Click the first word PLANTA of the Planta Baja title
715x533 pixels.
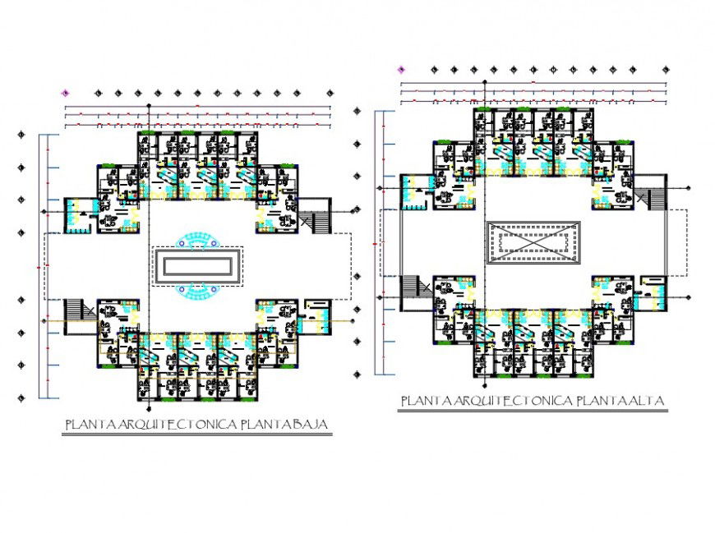[92, 425]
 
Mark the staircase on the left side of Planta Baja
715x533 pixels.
[74, 310]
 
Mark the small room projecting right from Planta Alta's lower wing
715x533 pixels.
[653, 292]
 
